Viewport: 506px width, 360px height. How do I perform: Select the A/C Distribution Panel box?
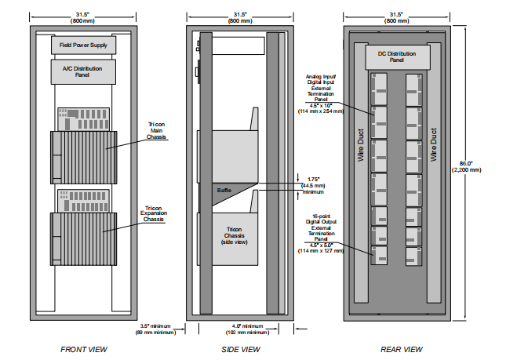[84, 71]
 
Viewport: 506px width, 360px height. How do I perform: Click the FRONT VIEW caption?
[84, 349]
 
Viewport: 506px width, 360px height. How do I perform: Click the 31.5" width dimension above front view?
[84, 16]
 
